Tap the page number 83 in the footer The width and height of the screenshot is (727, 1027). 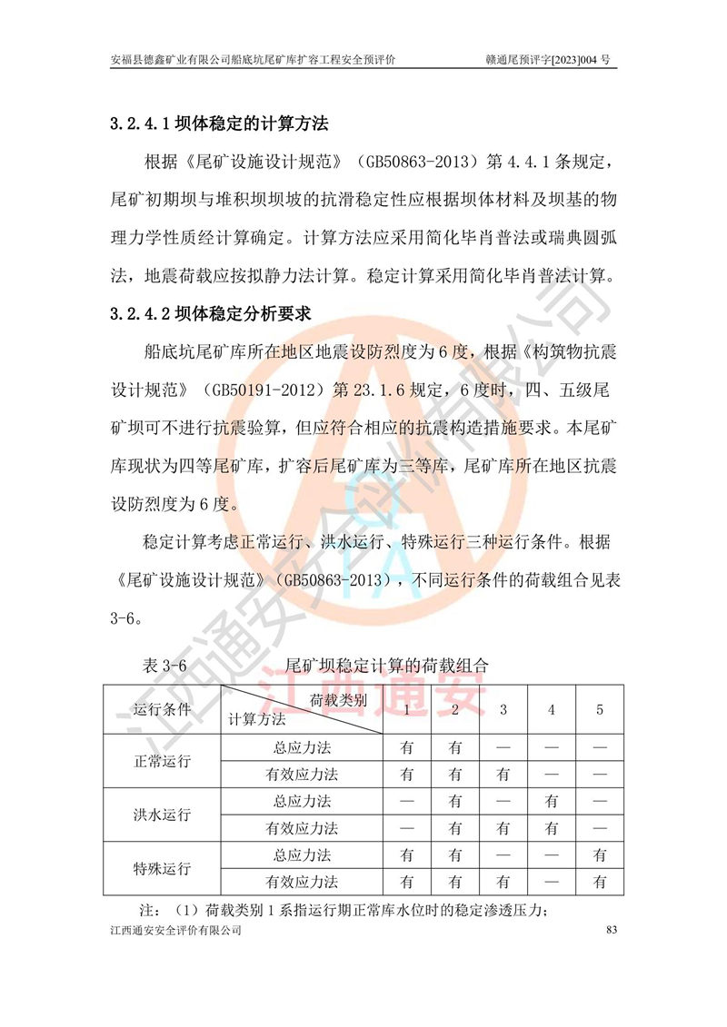[x=611, y=931]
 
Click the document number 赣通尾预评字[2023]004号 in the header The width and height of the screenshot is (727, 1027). [x=550, y=60]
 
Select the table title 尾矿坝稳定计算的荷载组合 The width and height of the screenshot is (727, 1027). [x=387, y=666]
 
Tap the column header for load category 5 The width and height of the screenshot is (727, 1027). [x=599, y=709]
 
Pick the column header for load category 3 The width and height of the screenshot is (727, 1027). [x=503, y=709]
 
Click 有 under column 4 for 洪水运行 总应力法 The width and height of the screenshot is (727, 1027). [x=551, y=802]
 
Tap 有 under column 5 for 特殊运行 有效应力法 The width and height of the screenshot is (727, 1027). [x=599, y=881]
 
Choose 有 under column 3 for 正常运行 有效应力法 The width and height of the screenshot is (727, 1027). [x=503, y=775]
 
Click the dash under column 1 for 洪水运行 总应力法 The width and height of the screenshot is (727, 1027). [x=406, y=802]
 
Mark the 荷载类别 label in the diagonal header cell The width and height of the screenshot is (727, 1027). [x=338, y=700]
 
